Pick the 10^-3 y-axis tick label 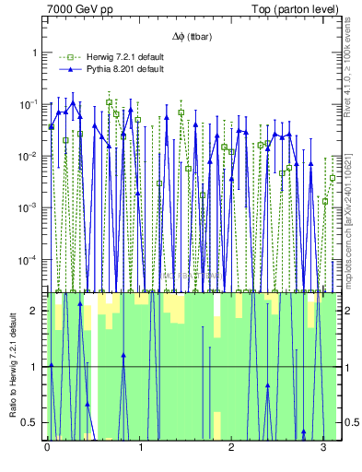coord(29,207)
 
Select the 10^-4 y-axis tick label coord(29,259)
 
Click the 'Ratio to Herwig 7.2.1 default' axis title coord(12,364)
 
